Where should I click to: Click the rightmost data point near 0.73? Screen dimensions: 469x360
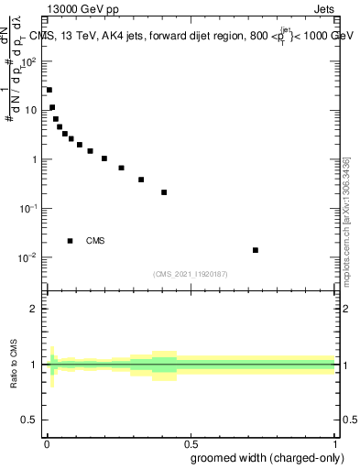click(256, 250)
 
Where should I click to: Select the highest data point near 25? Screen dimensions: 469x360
click(49, 90)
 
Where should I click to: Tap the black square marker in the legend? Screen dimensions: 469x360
click(70, 241)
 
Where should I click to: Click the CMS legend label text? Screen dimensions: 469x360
click(95, 241)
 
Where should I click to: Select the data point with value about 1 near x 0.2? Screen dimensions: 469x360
click(104, 158)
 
